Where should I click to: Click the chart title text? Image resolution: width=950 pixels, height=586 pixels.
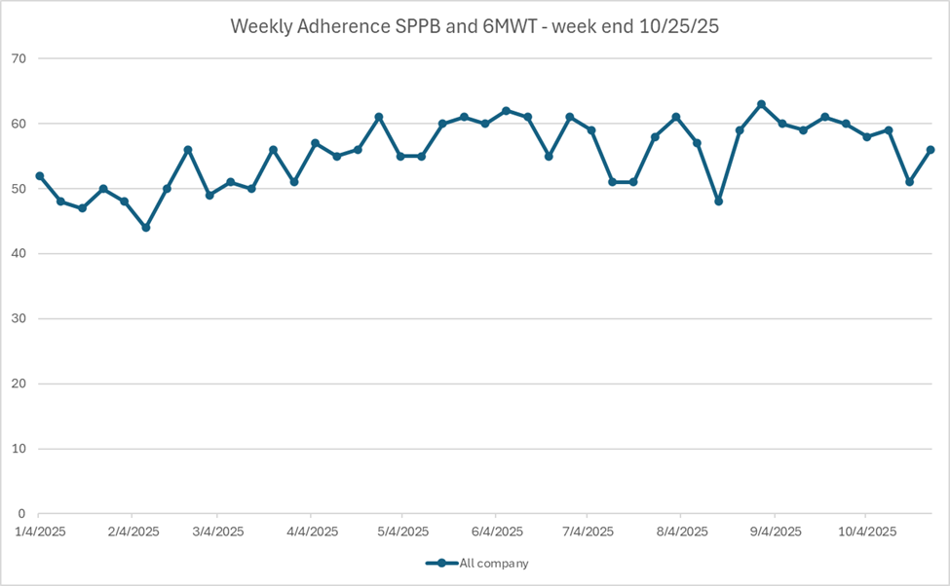(x=475, y=26)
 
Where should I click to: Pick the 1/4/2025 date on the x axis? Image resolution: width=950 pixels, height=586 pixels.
(x=39, y=531)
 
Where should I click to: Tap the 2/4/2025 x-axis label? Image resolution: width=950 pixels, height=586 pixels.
(x=133, y=531)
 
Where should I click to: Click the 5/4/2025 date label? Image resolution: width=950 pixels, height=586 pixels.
(x=402, y=531)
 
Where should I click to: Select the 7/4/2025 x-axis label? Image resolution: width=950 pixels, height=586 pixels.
(x=588, y=531)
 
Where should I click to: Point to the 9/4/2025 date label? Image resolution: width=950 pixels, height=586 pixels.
(x=775, y=531)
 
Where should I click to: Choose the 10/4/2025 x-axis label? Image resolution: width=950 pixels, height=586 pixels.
(x=866, y=531)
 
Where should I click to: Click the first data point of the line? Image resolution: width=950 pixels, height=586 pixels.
(x=39, y=176)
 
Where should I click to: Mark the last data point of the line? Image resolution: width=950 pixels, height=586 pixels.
(x=931, y=150)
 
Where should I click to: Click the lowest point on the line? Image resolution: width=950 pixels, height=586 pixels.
(x=145, y=228)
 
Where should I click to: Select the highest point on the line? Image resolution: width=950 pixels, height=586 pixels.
(x=761, y=104)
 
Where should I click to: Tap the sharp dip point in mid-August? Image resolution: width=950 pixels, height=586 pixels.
(x=719, y=201)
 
